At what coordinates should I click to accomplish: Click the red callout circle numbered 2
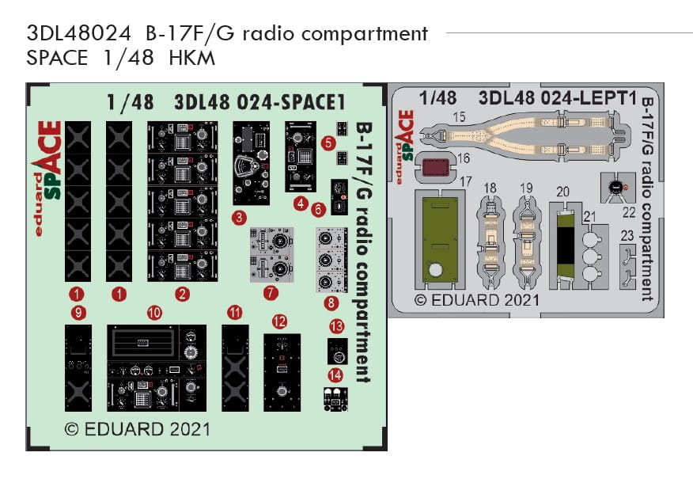183,295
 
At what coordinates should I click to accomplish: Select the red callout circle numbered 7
271,293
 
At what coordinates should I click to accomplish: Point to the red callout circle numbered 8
331,302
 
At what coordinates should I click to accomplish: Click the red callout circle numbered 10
153,314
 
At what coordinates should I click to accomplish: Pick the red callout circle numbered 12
279,321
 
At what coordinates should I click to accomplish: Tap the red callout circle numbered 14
336,374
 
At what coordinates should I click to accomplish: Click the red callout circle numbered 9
78,314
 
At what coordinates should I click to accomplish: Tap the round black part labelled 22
614,187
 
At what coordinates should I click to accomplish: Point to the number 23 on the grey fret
627,234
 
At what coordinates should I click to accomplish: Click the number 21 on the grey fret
589,217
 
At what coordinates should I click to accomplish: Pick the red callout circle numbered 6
318,210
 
